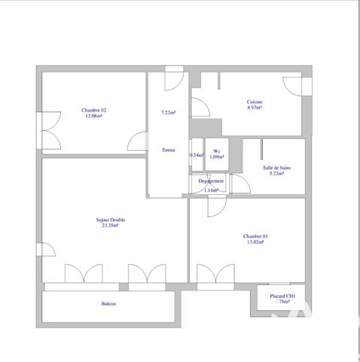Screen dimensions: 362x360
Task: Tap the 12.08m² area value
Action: [x=93, y=117]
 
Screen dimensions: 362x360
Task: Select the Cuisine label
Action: [x=255, y=102]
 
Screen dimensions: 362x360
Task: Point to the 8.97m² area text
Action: [x=255, y=108]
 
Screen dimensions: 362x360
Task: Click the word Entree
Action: [x=169, y=149]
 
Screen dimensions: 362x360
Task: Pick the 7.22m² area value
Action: [x=168, y=113]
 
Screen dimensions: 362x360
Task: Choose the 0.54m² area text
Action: [x=197, y=155]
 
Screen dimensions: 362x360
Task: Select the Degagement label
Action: [x=211, y=182]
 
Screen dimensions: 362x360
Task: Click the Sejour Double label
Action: [x=111, y=219]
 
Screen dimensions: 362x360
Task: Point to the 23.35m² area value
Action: [x=111, y=225]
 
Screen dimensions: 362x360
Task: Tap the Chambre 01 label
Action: [x=256, y=235]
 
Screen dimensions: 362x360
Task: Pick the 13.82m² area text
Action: [x=256, y=241]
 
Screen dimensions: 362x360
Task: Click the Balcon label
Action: [x=109, y=304]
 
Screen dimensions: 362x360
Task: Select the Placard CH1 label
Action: [x=282, y=296]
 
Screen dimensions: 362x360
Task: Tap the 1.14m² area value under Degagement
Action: [x=211, y=190]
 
